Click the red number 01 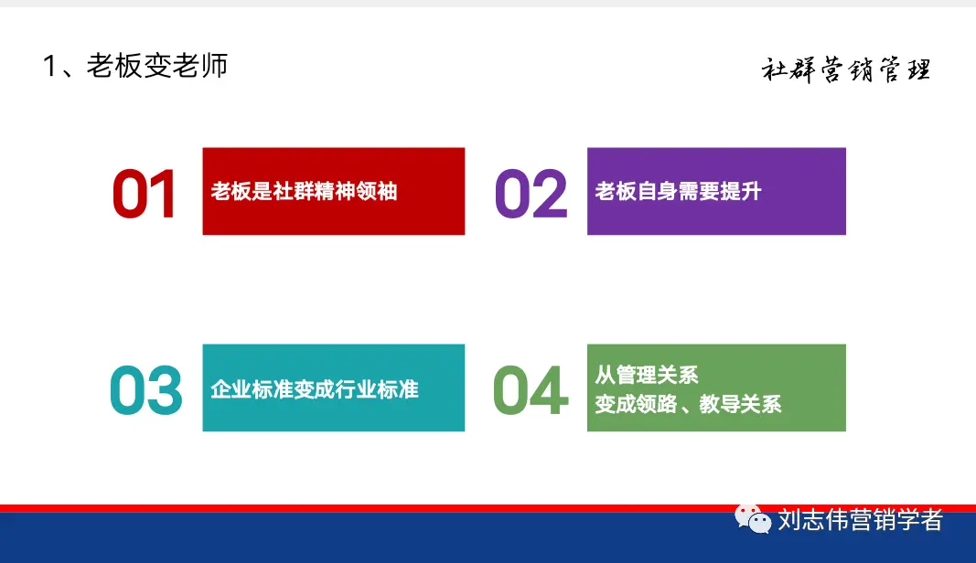pyautogui.click(x=145, y=194)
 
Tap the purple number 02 pyautogui.click(x=531, y=194)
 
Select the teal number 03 pyautogui.click(x=145, y=390)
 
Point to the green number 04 pyautogui.click(x=531, y=390)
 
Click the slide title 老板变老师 pyautogui.click(x=156, y=65)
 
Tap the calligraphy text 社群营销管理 pyautogui.click(x=846, y=69)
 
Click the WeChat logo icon pyautogui.click(x=753, y=519)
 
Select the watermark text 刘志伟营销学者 pyautogui.click(x=860, y=520)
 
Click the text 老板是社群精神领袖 pyautogui.click(x=304, y=191)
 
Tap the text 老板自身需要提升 pyautogui.click(x=678, y=191)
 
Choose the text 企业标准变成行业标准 pyautogui.click(x=315, y=389)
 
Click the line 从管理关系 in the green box pyautogui.click(x=646, y=375)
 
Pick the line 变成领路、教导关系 pyautogui.click(x=688, y=404)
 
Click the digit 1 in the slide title pyautogui.click(x=50, y=66)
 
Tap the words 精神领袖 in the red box pyautogui.click(x=356, y=191)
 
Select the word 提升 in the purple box pyautogui.click(x=740, y=191)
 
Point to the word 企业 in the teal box pyautogui.click(x=231, y=389)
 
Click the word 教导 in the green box pyautogui.click(x=720, y=404)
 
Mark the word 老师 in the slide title pyautogui.click(x=199, y=65)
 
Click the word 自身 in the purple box pyautogui.click(x=657, y=191)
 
